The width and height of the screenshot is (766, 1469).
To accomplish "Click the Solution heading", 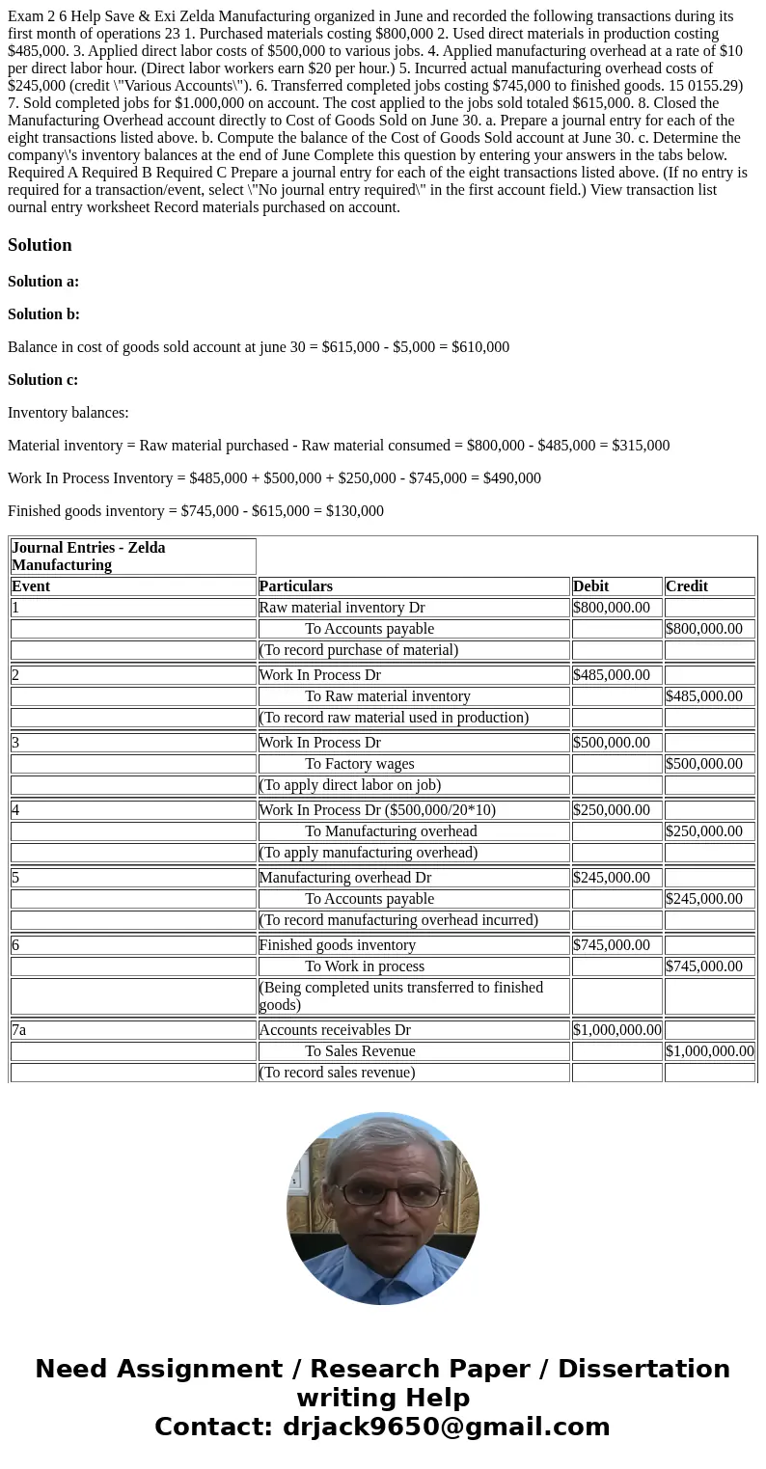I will (x=40, y=245).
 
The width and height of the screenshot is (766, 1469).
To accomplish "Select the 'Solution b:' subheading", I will (x=43, y=314).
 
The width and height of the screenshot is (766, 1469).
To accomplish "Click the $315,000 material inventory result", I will (x=641, y=446).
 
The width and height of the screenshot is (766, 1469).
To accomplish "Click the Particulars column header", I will (x=295, y=586).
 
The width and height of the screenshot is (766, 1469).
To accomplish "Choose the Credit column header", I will (x=686, y=586).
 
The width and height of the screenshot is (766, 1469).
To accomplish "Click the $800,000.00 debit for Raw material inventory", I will (x=612, y=608).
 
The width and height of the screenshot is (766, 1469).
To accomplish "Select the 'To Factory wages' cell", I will (x=360, y=764).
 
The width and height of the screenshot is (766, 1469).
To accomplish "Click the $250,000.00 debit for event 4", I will (x=612, y=810).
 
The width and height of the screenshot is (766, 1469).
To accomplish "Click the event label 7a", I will (x=19, y=1030).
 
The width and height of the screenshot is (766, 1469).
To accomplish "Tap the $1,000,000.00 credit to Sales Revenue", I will (x=709, y=1051).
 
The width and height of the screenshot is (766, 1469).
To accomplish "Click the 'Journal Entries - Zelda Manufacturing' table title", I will (x=88, y=557).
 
